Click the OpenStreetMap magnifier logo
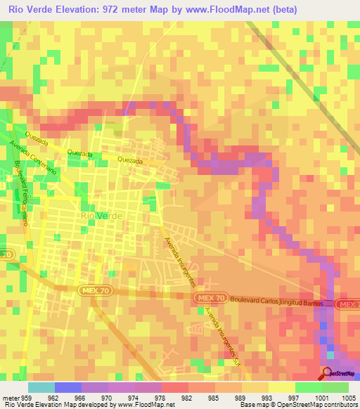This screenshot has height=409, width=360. (x=328, y=373)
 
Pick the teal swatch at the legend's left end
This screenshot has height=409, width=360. (x=41, y=387)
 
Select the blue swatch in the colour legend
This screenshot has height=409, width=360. (x=68, y=387)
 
